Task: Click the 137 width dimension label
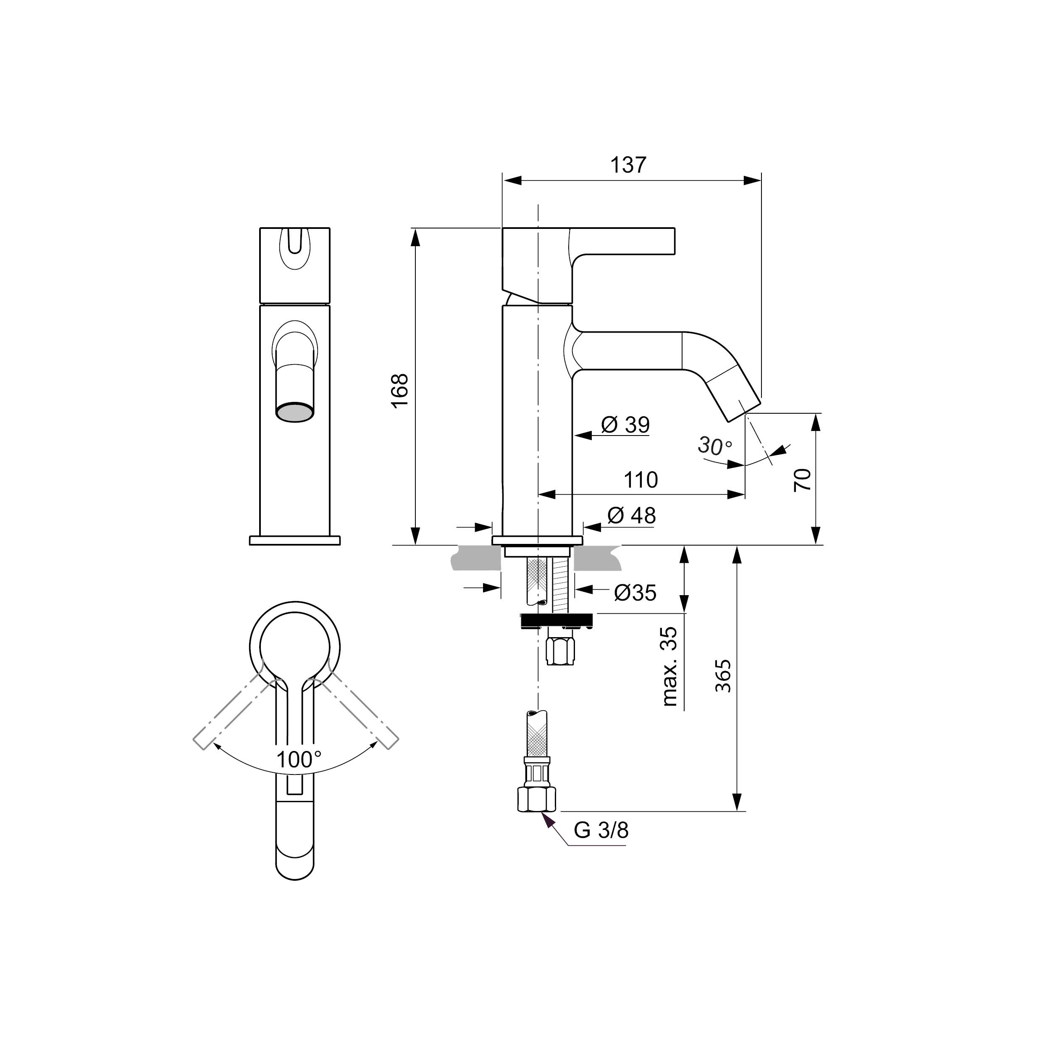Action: coord(629,165)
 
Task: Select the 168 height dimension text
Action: coord(400,391)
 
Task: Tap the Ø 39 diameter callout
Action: coord(625,425)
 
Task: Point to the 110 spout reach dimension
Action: coord(641,480)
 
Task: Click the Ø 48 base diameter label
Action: coord(632,515)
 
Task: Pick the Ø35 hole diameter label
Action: coord(635,592)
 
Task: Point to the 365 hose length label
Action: coord(723,676)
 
